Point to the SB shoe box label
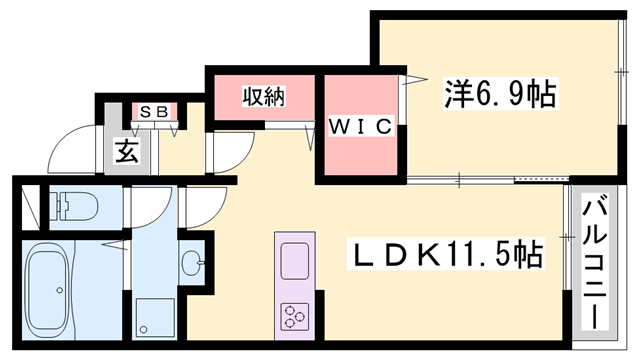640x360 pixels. pyautogui.click(x=153, y=111)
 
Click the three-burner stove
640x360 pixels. pyautogui.click(x=296, y=317)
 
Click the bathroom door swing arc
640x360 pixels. pyautogui.click(x=150, y=205)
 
